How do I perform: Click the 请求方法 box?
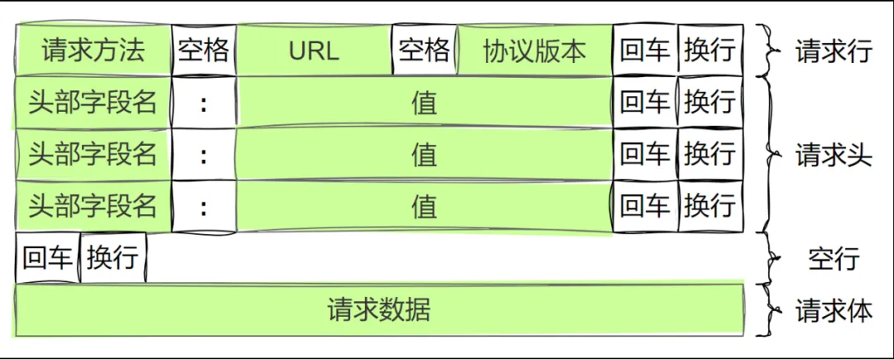pyautogui.click(x=94, y=50)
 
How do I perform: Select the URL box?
pyautogui.click(x=315, y=50)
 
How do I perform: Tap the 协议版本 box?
pyautogui.click(x=535, y=50)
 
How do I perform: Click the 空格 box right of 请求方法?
pyautogui.click(x=204, y=50)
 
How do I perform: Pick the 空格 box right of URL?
pyautogui.click(x=425, y=50)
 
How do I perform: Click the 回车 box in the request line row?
pyautogui.click(x=646, y=50)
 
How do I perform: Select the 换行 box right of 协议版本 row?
pyautogui.click(x=711, y=50)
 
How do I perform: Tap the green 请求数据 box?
pyautogui.click(x=380, y=310)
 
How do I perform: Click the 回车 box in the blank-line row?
pyautogui.click(x=48, y=257)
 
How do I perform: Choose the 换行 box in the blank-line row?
pyautogui.click(x=113, y=257)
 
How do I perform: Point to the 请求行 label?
pyautogui.click(x=834, y=52)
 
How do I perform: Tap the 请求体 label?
pyautogui.click(x=834, y=311)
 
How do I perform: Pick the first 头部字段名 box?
pyautogui.click(x=94, y=102)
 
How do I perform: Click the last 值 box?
pyautogui.click(x=425, y=206)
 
